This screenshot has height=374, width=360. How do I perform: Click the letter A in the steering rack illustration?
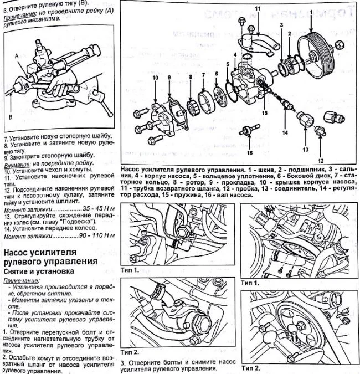click(17, 56)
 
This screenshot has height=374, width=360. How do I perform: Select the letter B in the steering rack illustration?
click(11, 117)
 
